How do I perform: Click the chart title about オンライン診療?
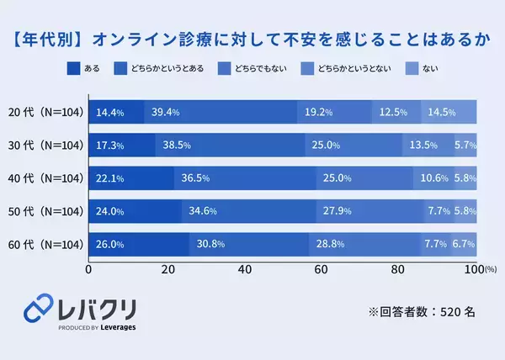[252, 39]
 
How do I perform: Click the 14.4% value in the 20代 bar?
[110, 112]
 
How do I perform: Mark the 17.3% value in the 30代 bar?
[110, 146]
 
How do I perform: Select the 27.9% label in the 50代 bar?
[330, 212]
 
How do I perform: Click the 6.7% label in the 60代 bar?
[464, 245]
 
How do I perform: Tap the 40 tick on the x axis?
[246, 270]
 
